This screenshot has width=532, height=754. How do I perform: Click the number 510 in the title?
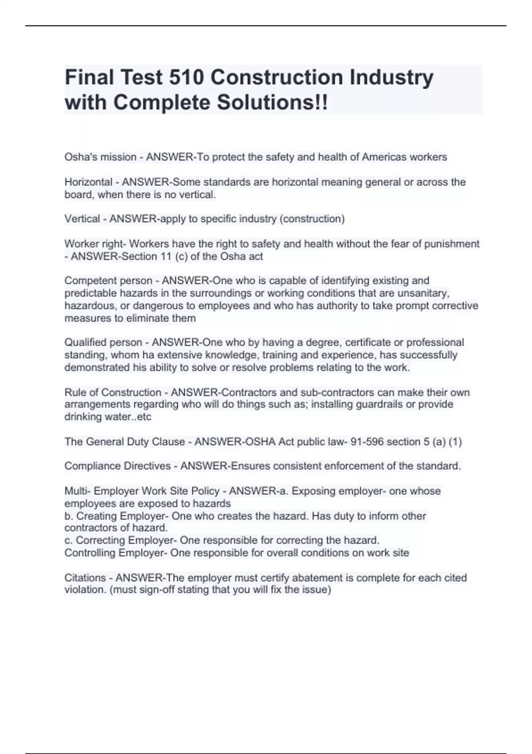click(x=186, y=78)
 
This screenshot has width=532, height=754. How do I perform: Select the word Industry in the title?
click(x=391, y=78)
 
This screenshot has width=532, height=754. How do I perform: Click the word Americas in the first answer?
click(x=382, y=157)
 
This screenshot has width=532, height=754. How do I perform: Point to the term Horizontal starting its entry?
click(x=88, y=182)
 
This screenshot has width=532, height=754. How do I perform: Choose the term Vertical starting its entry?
click(x=82, y=219)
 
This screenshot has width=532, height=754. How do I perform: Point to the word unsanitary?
click(x=424, y=293)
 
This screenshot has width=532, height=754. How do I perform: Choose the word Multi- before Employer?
click(x=78, y=491)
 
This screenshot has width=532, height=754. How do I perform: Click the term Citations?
click(x=85, y=578)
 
